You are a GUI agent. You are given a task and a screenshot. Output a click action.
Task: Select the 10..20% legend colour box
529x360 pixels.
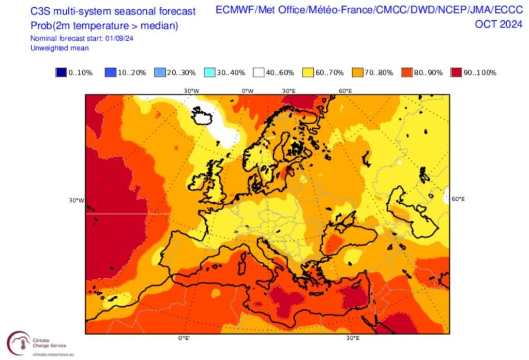(110, 73)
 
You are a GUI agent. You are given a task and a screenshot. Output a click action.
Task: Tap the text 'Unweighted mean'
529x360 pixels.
(59, 48)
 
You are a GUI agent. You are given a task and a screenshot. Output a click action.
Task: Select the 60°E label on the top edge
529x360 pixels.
(345, 91)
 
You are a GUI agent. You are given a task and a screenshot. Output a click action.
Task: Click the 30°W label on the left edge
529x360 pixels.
(77, 201)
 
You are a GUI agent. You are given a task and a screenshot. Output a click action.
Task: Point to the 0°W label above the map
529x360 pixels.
(248, 91)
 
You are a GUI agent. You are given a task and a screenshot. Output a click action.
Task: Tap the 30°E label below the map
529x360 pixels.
(353, 338)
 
